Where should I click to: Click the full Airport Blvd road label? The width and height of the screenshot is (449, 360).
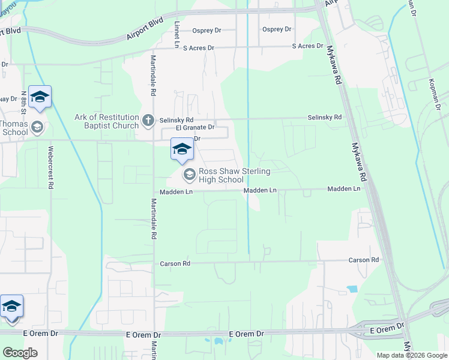pyautogui.click(x=145, y=29)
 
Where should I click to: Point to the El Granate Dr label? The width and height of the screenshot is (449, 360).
pyautogui.click(x=195, y=127)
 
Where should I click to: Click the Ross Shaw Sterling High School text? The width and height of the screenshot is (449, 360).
pyautogui.click(x=235, y=175)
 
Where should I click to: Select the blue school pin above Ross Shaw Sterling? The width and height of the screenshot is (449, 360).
pyautogui.click(x=182, y=149)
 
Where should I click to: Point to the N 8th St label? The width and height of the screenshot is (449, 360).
pyautogui.click(x=24, y=103)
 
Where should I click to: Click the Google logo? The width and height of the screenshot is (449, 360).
pyautogui.click(x=20, y=352)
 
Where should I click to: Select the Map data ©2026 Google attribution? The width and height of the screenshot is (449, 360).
pyautogui.click(x=412, y=355)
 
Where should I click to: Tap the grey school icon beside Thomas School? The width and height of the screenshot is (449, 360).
pyautogui.click(x=37, y=127)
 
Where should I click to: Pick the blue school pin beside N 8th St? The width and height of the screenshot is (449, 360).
pyautogui.click(x=40, y=97)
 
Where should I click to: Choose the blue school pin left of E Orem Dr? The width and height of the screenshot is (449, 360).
pyautogui.click(x=11, y=307)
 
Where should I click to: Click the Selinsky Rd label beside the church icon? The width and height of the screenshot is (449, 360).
pyautogui.click(x=176, y=120)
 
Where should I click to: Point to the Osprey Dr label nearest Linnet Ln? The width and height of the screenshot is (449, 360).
pyautogui.click(x=207, y=30)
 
